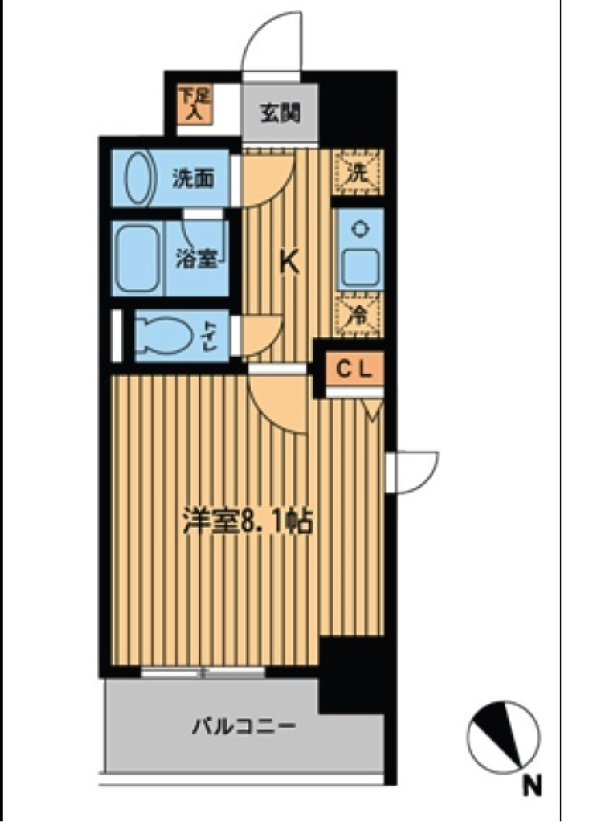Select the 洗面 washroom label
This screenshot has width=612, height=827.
pos(193,179)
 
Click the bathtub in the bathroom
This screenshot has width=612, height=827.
pos(138,258)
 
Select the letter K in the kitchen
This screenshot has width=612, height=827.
pos(290,263)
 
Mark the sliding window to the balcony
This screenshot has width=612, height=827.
pos(202,671)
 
